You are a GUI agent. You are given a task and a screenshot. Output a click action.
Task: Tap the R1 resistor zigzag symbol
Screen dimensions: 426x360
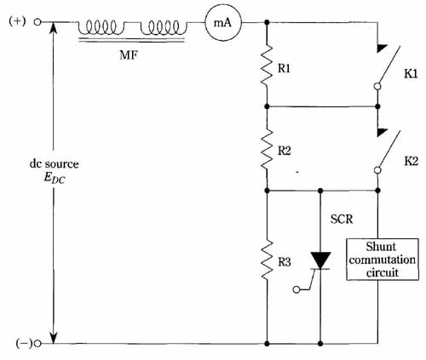pos(267,65)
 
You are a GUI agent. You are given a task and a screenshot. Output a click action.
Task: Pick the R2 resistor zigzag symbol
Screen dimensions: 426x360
pos(267,149)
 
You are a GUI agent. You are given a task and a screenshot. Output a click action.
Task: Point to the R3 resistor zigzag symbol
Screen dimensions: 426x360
pos(267,260)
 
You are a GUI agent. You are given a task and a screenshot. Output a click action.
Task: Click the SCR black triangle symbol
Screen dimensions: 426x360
pos(320,260)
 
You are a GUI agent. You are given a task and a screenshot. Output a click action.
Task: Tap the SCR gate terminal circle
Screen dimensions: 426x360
pos(296,289)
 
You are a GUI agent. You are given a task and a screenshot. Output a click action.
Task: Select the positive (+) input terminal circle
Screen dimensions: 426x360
pos(37,22)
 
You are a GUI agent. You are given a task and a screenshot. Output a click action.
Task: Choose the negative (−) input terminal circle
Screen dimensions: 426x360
pos(37,344)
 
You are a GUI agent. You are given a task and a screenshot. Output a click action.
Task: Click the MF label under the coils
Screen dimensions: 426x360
pos(129,54)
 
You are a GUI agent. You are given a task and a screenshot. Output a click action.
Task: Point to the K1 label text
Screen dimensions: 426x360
pos(411,74)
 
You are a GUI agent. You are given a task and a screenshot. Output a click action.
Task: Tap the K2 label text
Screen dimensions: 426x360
pos(411,161)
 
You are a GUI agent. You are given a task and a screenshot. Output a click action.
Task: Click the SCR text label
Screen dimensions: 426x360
pos(342,219)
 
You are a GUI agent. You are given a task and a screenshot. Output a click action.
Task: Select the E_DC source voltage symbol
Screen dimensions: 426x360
pos(55,178)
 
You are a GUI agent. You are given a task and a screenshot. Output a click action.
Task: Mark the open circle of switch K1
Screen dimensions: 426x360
pos(377,86)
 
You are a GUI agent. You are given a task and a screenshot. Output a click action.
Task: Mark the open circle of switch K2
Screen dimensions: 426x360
pos(377,170)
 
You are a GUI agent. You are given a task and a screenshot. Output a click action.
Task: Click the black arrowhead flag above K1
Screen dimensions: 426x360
pos(382,48)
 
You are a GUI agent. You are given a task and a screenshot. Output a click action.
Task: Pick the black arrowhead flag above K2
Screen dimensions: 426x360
pos(382,132)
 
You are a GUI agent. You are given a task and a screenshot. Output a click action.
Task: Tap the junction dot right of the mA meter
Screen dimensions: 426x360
pos(267,22)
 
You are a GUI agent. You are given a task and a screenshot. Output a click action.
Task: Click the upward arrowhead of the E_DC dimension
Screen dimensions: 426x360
pos(53,28)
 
